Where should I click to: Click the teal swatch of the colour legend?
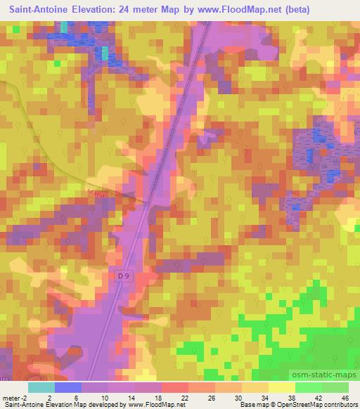click(41, 387)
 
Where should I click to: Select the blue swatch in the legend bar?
click(68, 387)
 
